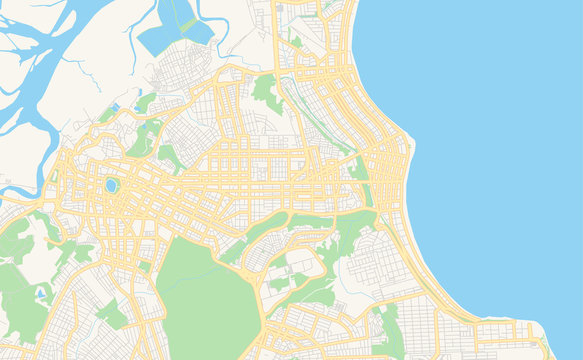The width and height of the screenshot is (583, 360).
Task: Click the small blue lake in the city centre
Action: [111, 185]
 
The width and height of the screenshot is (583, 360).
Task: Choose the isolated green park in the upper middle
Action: [265, 92]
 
